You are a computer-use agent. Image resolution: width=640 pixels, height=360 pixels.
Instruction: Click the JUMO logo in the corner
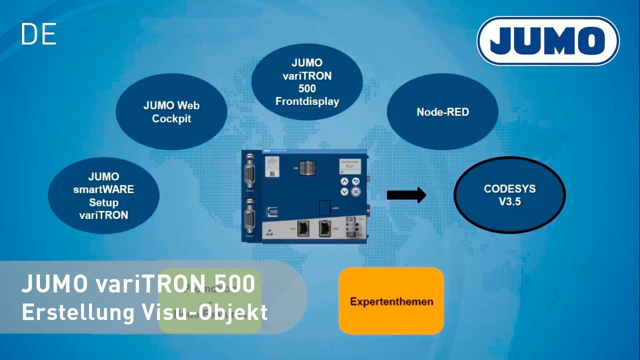tap(548, 41)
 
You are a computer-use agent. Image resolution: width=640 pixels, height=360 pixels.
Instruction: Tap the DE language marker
tap(38, 34)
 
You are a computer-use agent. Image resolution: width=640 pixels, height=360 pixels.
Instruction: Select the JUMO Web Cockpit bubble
tap(171, 112)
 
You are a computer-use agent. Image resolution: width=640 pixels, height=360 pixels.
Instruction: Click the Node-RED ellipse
tap(442, 112)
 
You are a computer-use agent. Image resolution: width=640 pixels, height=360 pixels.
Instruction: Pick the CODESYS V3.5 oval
tap(509, 195)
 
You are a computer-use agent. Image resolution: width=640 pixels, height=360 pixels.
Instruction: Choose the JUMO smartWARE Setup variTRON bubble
tap(103, 196)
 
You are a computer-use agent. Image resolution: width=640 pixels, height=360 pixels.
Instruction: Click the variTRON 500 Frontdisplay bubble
tap(307, 82)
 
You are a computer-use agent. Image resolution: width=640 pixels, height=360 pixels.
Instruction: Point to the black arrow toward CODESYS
tap(406, 195)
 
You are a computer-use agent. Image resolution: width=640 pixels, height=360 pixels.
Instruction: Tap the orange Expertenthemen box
tap(391, 301)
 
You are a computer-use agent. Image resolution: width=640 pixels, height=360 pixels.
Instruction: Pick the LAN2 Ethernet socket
tap(325, 228)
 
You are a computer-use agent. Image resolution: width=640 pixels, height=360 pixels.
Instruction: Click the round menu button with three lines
tap(356, 191)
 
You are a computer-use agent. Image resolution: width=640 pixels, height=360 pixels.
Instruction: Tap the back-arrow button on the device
tap(356, 181)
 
